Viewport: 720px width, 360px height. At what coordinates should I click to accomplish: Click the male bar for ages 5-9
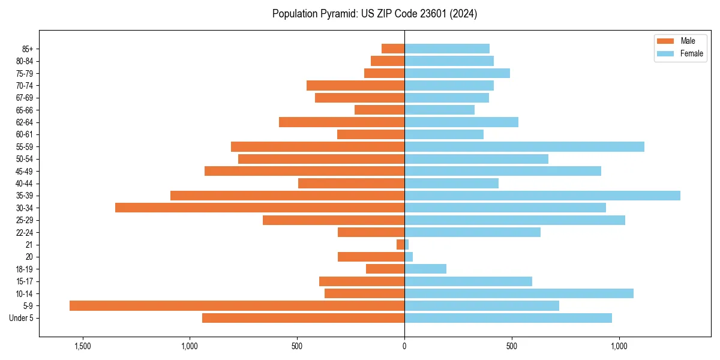click(x=237, y=305)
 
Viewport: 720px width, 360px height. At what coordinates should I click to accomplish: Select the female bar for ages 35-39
click(x=542, y=196)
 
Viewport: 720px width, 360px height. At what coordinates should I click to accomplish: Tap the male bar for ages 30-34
click(x=260, y=208)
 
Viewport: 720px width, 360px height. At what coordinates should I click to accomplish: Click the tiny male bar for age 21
click(x=400, y=244)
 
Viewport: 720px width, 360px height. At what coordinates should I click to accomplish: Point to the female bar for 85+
click(x=447, y=49)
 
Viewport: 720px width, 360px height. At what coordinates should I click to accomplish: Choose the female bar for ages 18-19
click(x=425, y=269)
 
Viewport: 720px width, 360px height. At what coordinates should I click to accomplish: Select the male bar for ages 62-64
click(x=341, y=122)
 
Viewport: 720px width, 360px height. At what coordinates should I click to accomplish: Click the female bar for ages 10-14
click(x=519, y=293)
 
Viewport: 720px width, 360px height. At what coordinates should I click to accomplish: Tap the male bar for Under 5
click(x=303, y=318)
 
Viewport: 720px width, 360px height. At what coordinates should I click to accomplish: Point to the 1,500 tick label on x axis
click(x=82, y=346)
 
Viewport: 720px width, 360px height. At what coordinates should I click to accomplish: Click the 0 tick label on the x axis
click(x=404, y=346)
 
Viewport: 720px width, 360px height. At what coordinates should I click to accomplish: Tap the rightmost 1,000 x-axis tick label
click(x=619, y=346)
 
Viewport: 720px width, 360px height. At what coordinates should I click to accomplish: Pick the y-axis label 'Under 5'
click(x=21, y=318)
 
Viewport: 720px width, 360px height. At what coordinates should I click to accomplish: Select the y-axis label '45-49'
click(x=24, y=171)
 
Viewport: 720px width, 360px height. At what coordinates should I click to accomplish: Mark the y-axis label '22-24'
click(x=24, y=232)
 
